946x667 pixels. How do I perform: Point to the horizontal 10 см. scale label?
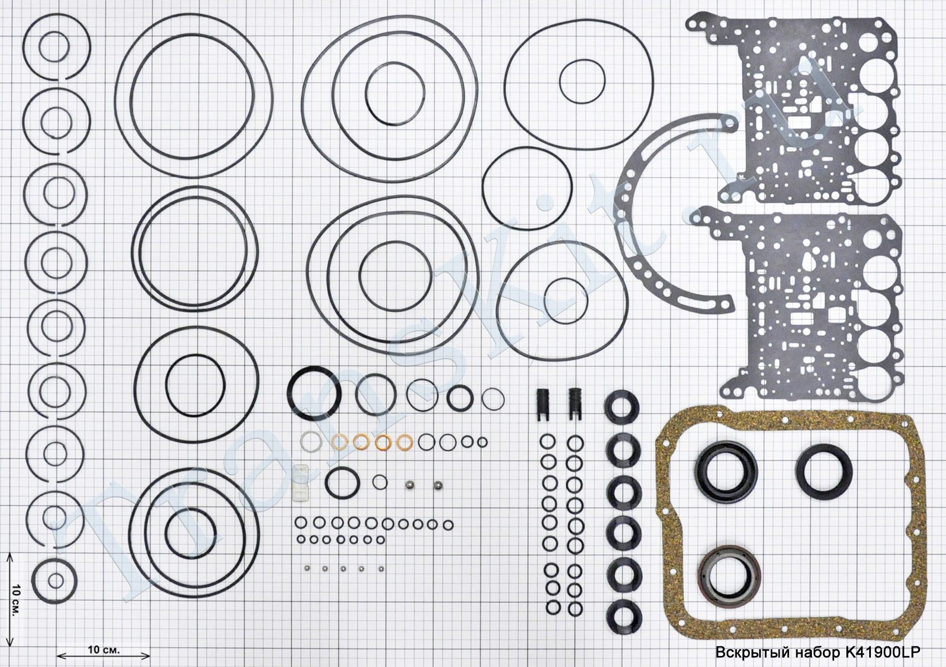104,649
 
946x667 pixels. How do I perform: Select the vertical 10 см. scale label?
16,601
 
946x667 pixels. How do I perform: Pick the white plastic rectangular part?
300,483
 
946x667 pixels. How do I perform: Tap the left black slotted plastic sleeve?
544,404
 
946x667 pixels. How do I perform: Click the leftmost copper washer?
339,442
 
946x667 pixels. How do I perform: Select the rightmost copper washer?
404,442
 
